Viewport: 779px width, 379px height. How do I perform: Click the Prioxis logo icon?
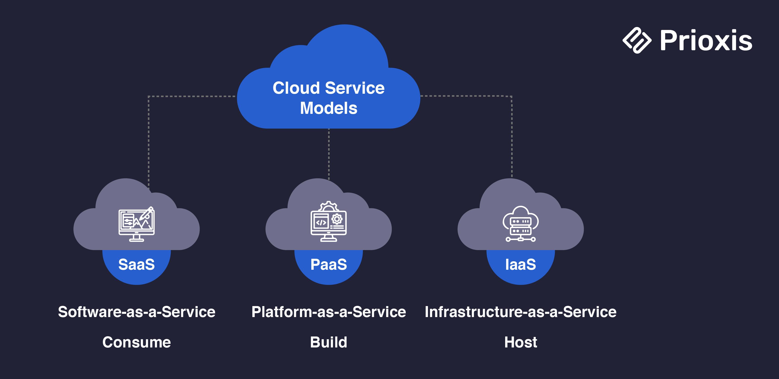[637, 40]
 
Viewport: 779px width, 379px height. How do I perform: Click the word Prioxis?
[706, 40]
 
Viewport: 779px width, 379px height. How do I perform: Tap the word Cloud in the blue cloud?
[296, 88]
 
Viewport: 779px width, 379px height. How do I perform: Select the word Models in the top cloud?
[328, 108]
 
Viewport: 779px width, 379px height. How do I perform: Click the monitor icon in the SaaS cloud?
[136, 224]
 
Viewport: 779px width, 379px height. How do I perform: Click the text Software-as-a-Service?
[136, 312]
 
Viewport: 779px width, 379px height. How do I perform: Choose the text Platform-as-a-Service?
[328, 312]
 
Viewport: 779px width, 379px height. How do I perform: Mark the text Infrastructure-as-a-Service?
[520, 312]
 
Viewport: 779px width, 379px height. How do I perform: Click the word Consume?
[136, 342]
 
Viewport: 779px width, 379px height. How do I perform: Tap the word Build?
[328, 342]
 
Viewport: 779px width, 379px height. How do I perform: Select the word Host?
[520, 342]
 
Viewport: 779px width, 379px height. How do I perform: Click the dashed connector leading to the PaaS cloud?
[329, 154]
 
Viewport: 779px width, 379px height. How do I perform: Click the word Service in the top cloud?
[355, 88]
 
